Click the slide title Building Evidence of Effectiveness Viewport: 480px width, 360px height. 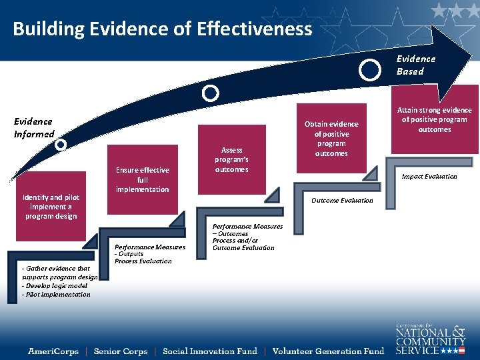[x=162, y=29]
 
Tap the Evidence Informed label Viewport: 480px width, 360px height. [x=34, y=127]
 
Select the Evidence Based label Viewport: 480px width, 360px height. [x=415, y=65]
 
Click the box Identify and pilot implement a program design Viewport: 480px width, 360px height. [x=51, y=207]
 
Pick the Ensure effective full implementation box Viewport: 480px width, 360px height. [x=142, y=180]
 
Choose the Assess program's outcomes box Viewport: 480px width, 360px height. [x=231, y=160]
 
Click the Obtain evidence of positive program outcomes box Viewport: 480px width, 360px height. [x=331, y=139]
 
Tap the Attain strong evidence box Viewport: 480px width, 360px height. [x=434, y=120]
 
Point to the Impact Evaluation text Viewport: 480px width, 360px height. [x=429, y=177]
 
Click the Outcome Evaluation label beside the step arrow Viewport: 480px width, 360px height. [x=342, y=201]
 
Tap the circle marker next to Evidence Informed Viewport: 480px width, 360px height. [x=61, y=144]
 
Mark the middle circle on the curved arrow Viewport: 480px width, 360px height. [x=210, y=93]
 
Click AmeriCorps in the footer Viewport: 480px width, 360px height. [x=53, y=351]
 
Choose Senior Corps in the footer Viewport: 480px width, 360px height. [x=121, y=351]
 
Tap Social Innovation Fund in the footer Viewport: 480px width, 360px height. [x=209, y=351]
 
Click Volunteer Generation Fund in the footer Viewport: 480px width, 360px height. [x=328, y=351]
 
